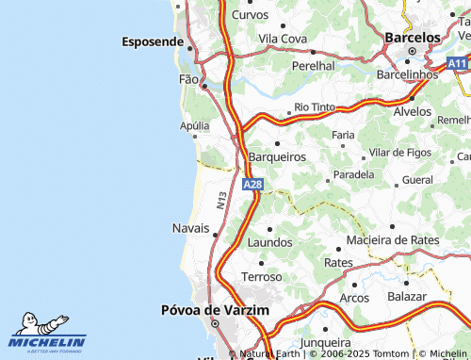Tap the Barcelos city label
(413, 37)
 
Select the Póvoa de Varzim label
(215, 310)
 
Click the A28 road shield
(252, 185)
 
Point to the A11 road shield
(458, 63)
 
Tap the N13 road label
(221, 199)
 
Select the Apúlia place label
(195, 124)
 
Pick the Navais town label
(191, 229)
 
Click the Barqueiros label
(276, 156)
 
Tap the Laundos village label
(270, 242)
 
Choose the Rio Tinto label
(315, 107)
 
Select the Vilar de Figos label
(400, 152)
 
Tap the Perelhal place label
(314, 66)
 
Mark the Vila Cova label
(283, 38)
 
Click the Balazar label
(406, 296)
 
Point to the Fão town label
(189, 79)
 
